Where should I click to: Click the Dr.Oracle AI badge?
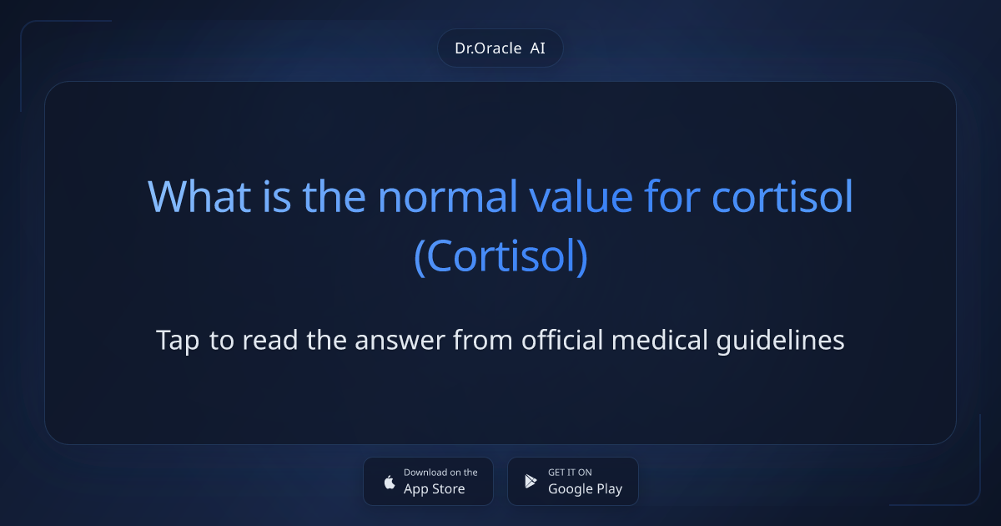pyautogui.click(x=500, y=48)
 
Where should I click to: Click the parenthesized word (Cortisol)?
pyautogui.click(x=500, y=257)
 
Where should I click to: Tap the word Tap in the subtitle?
pyautogui.click(x=178, y=341)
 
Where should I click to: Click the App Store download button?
pyautogui.click(x=428, y=481)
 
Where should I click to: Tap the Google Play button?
pyautogui.click(x=572, y=481)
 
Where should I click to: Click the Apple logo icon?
pyautogui.click(x=389, y=482)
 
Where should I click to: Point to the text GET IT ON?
pyautogui.click(x=570, y=473)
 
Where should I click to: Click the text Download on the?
pyautogui.click(x=440, y=473)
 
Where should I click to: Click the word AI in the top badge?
pyautogui.click(x=537, y=48)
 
